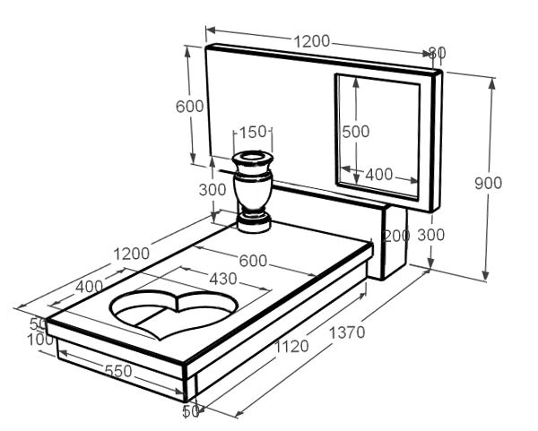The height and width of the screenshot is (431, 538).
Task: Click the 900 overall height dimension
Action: point(488,183)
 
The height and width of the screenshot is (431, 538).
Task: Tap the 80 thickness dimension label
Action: point(437,53)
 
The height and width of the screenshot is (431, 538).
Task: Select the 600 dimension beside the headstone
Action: point(190,106)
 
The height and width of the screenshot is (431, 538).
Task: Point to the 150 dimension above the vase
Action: point(255,133)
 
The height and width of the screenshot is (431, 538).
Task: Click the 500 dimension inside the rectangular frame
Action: point(356,131)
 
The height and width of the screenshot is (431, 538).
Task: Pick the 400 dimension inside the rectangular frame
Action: point(378,174)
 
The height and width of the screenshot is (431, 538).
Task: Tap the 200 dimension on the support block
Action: point(395,236)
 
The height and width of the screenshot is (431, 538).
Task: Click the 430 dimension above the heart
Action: point(222,279)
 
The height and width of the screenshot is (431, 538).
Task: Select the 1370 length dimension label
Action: point(347,332)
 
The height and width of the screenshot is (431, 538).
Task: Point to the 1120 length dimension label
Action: point(291,346)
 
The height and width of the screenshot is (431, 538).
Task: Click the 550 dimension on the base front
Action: point(118,370)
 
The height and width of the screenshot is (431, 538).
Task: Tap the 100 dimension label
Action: point(39,340)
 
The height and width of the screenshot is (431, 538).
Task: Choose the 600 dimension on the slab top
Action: point(254,261)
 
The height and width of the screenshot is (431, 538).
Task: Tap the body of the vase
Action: point(252,191)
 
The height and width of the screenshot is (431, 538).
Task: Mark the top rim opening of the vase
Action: point(252,159)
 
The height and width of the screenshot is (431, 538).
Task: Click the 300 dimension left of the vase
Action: point(213,190)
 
